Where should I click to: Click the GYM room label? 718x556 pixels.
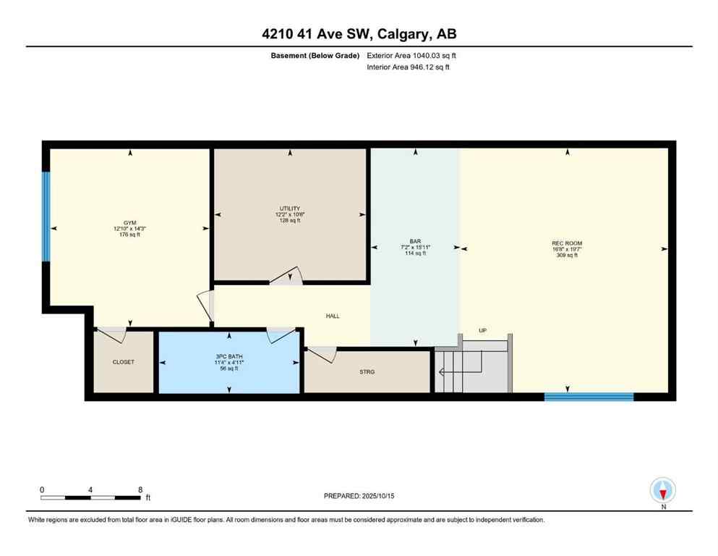point(129,223)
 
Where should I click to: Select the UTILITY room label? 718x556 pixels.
point(290,208)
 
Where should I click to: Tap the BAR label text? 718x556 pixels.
point(416,241)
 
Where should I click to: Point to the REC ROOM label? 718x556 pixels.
point(567,243)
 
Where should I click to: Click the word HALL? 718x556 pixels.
point(333,316)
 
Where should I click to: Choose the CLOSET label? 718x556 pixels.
point(123,362)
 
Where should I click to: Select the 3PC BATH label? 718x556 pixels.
point(229,357)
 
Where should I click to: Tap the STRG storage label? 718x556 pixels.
point(367,373)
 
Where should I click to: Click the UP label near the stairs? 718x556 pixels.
point(482,331)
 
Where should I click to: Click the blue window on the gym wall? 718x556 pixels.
point(46,216)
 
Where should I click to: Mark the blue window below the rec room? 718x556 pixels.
point(589,396)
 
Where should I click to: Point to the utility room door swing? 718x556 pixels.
point(288,276)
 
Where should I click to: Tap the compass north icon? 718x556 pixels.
point(663,490)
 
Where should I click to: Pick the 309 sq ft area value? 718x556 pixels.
point(567,256)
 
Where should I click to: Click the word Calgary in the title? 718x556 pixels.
point(401,33)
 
